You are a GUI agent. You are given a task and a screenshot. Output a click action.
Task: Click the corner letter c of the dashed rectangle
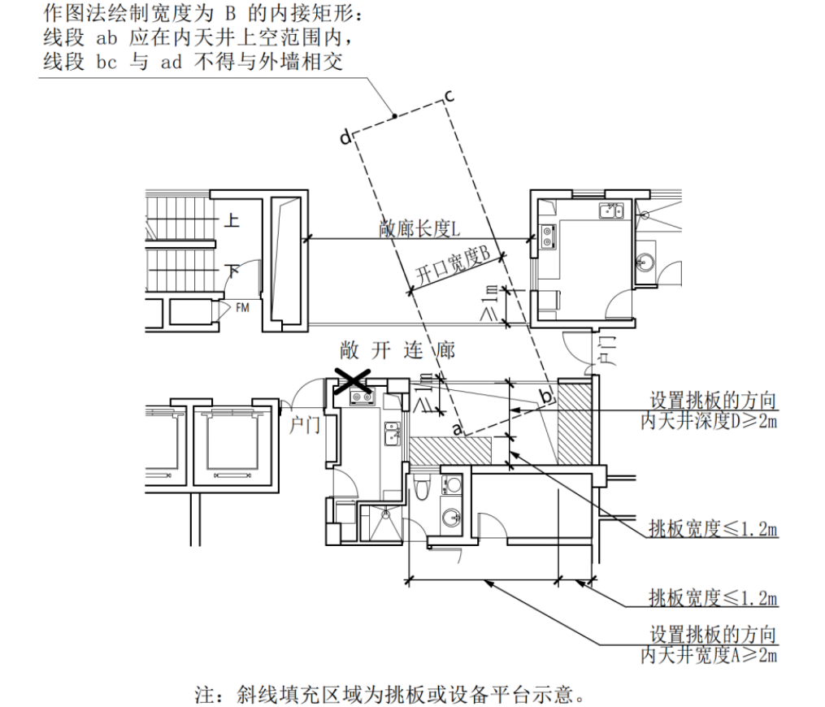click(x=449, y=96)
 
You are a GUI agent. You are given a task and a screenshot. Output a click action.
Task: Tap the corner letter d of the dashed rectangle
click(x=345, y=138)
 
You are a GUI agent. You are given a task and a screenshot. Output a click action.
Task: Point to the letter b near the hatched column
click(x=547, y=396)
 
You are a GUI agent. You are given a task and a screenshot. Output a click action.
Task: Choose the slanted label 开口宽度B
click(x=452, y=264)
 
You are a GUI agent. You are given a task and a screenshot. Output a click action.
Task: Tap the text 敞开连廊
click(x=397, y=350)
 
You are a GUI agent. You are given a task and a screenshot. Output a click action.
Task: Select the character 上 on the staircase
click(x=232, y=221)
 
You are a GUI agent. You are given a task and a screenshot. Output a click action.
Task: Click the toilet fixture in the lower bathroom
click(x=421, y=490)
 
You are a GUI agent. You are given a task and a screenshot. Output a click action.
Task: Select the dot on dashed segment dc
click(x=394, y=118)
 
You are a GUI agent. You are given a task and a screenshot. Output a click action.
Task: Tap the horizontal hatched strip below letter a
click(x=449, y=448)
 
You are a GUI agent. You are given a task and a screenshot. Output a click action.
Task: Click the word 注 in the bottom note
click(x=204, y=695)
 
